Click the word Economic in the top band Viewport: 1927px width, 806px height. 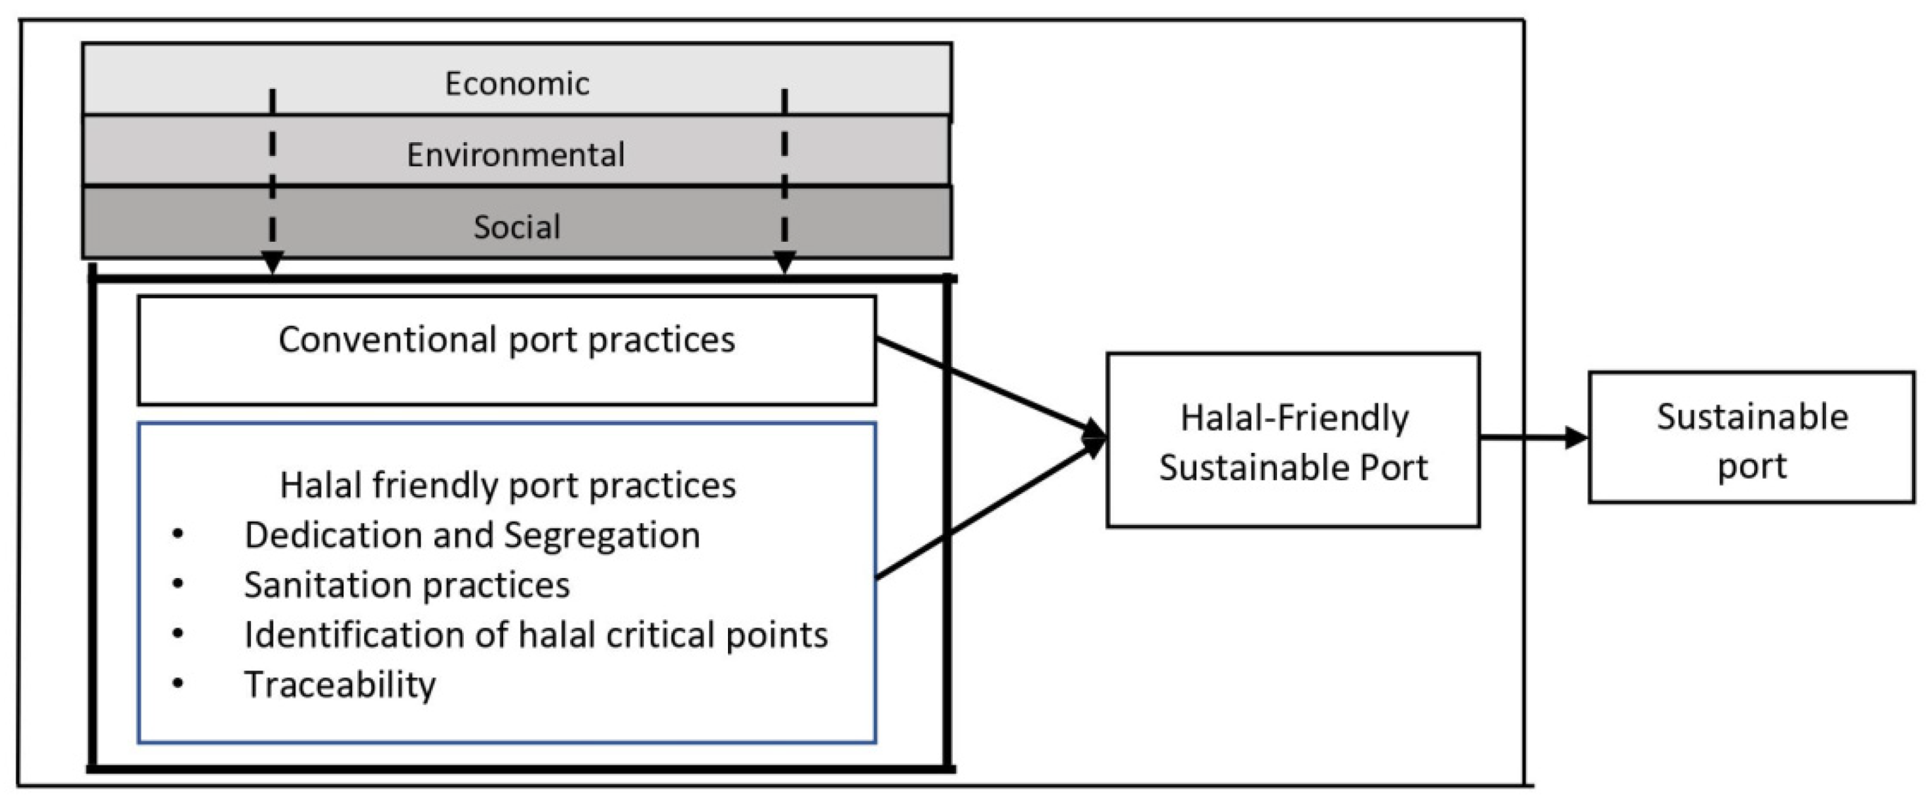(517, 83)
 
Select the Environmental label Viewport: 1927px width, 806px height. (516, 155)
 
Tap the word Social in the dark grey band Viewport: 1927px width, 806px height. (516, 227)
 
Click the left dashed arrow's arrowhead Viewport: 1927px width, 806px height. (273, 262)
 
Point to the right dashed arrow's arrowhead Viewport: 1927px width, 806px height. (784, 262)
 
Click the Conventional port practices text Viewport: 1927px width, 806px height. (506, 339)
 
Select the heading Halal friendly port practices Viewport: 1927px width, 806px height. (508, 484)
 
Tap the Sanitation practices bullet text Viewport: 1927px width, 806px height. (406, 585)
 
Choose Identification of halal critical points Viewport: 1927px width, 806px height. (535, 634)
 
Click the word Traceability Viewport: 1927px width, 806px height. (339, 684)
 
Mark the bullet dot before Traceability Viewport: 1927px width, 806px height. (178, 683)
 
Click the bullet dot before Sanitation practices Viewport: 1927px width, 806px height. (178, 584)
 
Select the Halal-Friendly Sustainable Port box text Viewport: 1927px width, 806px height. (1293, 442)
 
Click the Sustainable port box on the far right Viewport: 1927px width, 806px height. (1751, 440)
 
